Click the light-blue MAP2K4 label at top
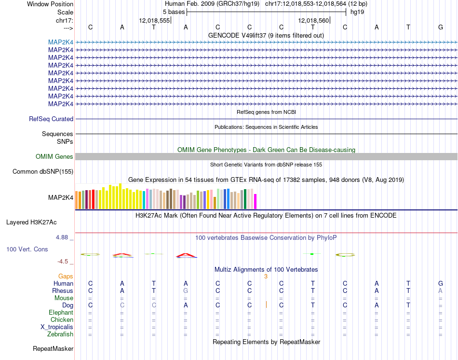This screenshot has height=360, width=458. click(x=61, y=42)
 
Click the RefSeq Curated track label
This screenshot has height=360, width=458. click(x=51, y=119)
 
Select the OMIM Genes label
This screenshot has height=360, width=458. click(x=54, y=156)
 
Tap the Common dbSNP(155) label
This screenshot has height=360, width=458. click(x=43, y=171)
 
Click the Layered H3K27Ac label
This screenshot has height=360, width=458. click(x=31, y=222)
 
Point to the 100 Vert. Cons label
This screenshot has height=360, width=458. click(x=27, y=249)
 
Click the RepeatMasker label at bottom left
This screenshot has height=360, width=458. click(x=53, y=348)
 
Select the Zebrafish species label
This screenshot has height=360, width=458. click(x=60, y=334)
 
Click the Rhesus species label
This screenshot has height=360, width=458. click(x=63, y=291)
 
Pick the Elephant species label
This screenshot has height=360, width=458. click(x=61, y=312)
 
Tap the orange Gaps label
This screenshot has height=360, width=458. click(x=66, y=276)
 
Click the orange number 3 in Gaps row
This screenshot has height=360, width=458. click(x=266, y=276)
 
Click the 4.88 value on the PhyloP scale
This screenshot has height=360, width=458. click(x=63, y=237)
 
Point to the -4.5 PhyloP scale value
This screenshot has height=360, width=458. click(x=63, y=262)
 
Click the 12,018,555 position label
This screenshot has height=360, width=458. click(x=154, y=20)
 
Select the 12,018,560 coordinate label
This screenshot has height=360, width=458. click(x=314, y=20)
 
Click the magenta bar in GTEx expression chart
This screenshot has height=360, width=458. click(x=256, y=201)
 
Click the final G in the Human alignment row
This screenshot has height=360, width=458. click(x=440, y=283)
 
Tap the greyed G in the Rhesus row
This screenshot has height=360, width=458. click(x=186, y=291)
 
